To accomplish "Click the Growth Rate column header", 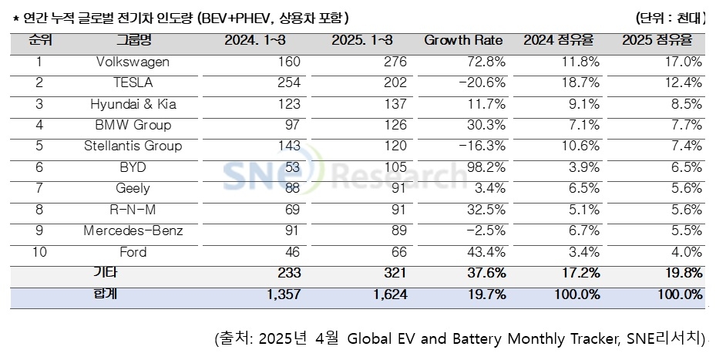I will coord(463,40).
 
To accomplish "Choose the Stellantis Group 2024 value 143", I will coord(288,146).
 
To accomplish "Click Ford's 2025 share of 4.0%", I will coord(686,252).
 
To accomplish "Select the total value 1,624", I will coord(381,294).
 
